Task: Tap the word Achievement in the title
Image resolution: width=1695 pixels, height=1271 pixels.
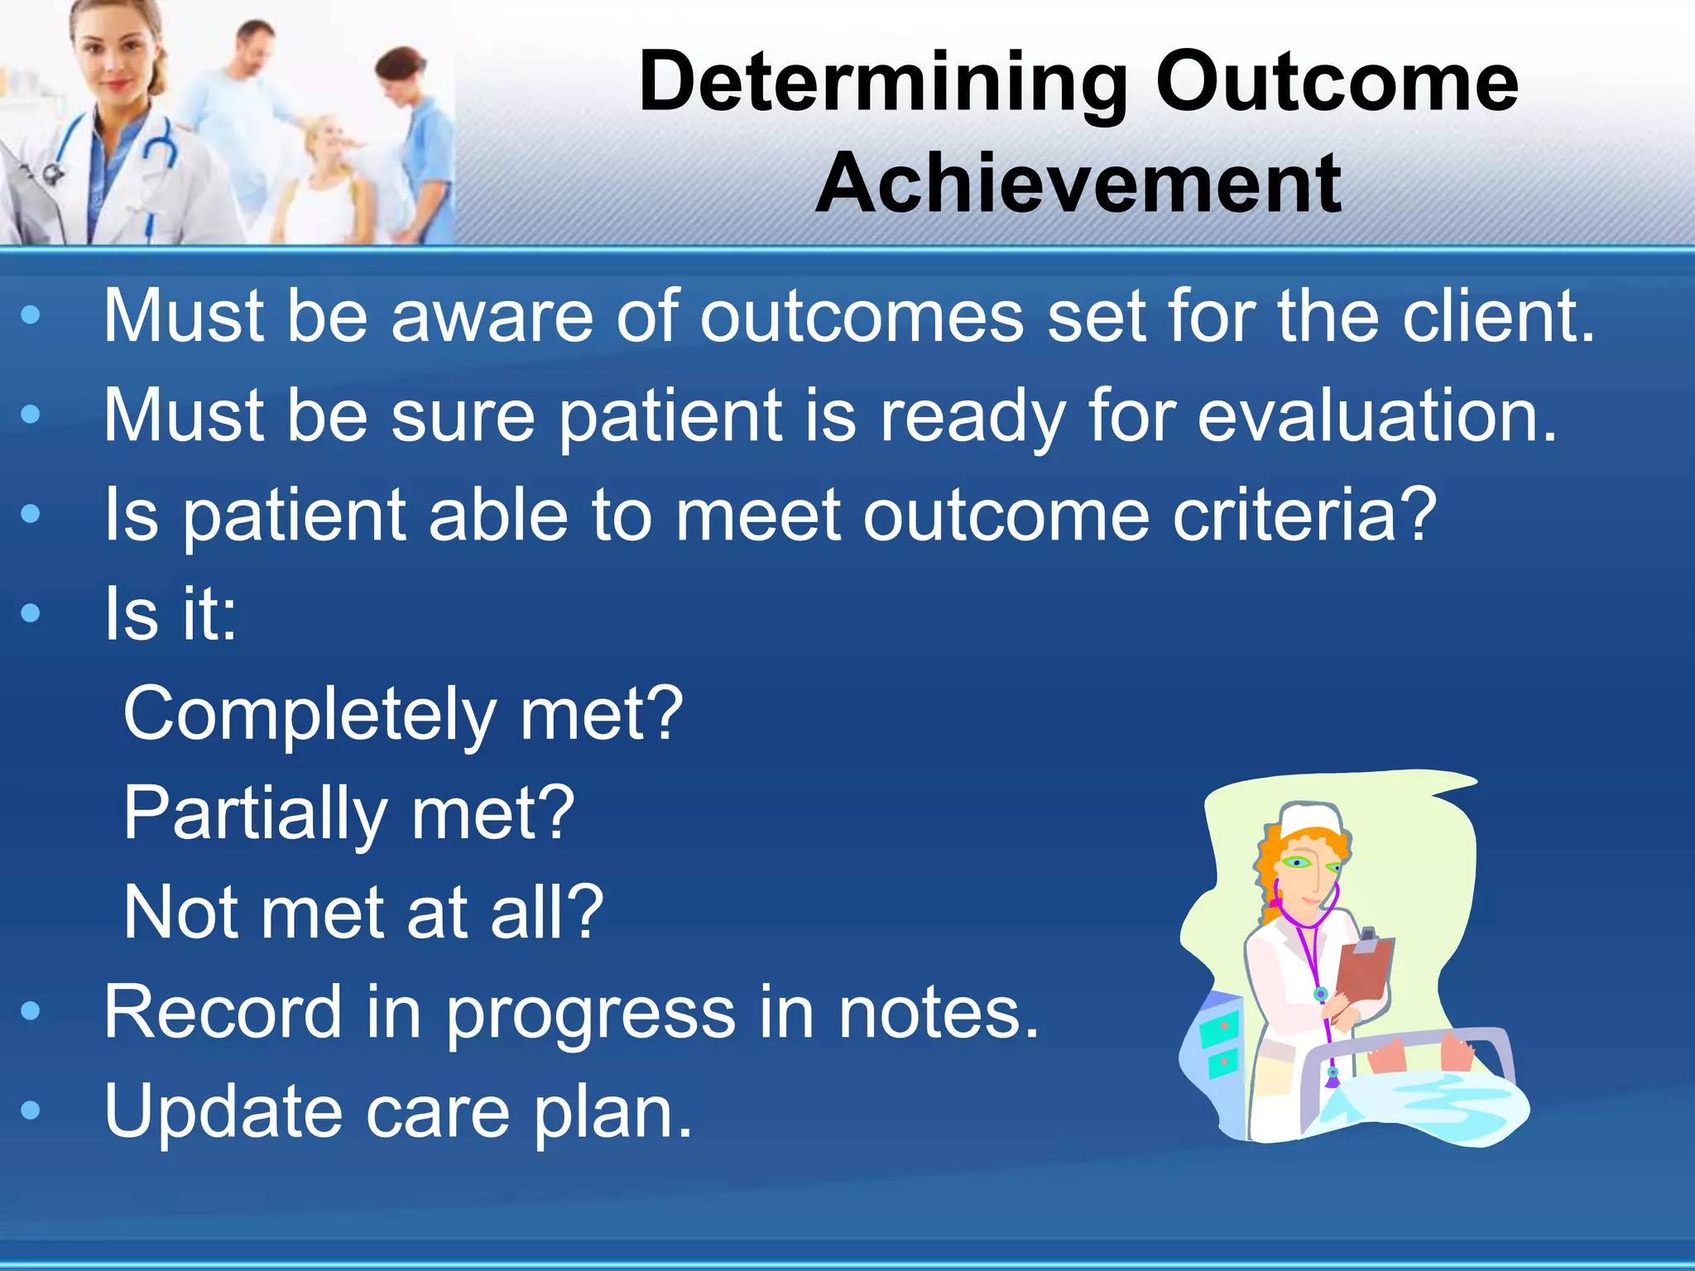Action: point(1078,184)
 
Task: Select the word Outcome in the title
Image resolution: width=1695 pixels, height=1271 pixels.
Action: point(1336,83)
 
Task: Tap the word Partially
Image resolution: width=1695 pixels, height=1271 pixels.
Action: point(255,813)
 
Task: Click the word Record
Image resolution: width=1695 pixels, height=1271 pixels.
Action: point(222,1012)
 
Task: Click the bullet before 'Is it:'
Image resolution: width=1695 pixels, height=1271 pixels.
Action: point(31,613)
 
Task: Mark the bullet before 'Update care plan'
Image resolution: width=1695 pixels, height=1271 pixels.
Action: point(31,1110)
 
